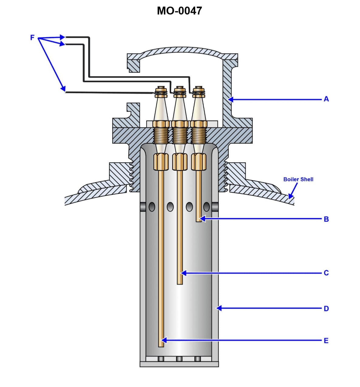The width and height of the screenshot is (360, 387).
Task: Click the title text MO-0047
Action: [x=179, y=11]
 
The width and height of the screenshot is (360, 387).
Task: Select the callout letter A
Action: [x=326, y=99]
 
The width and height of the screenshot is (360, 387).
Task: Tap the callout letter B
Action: [x=326, y=219]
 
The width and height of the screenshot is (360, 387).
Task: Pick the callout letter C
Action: [x=326, y=273]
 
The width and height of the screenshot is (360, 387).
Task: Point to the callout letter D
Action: [x=326, y=308]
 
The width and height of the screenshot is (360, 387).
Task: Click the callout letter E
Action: [x=326, y=341]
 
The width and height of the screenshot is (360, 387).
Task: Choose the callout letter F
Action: [x=32, y=38]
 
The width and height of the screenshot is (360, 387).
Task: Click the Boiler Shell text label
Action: [x=298, y=179]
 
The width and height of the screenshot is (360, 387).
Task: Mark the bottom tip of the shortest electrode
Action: [x=199, y=221]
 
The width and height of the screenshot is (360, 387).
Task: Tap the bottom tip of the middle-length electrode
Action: [x=180, y=283]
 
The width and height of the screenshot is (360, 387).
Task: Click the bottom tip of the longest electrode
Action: [x=161, y=346]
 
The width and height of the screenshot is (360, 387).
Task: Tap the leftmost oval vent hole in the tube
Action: [x=152, y=207]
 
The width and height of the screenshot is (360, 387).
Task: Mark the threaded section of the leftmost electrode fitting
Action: [x=161, y=135]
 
